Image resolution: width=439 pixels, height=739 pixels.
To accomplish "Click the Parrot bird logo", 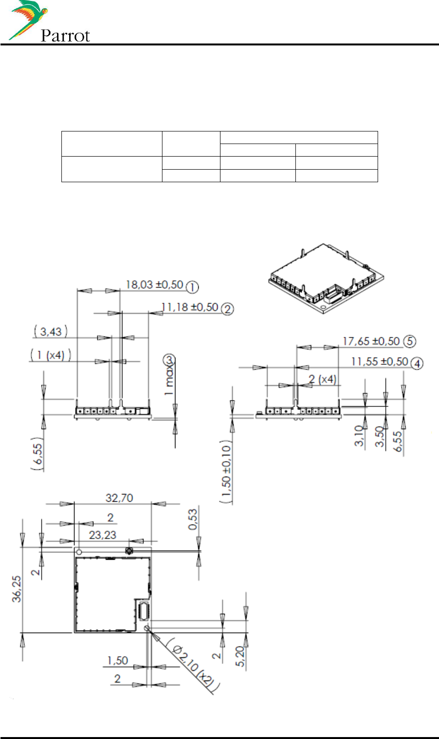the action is coord(29,20).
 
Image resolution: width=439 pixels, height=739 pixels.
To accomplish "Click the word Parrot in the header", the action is coord(65,36).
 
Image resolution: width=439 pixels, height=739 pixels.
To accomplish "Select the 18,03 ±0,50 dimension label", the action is coord(154,285).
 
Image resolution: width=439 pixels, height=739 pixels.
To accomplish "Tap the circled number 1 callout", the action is coord(192,287).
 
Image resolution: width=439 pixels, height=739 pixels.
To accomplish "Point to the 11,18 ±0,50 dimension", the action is coord(190,307).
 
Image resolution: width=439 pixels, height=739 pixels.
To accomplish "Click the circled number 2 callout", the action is coord(227,309).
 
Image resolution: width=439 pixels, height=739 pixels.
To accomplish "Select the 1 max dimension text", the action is coord(169,380).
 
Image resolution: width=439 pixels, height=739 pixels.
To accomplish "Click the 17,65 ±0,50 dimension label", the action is coord(371,341).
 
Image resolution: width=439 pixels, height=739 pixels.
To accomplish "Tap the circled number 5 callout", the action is coord(410,341).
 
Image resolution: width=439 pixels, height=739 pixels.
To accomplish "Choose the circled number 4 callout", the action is coord(417,363).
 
